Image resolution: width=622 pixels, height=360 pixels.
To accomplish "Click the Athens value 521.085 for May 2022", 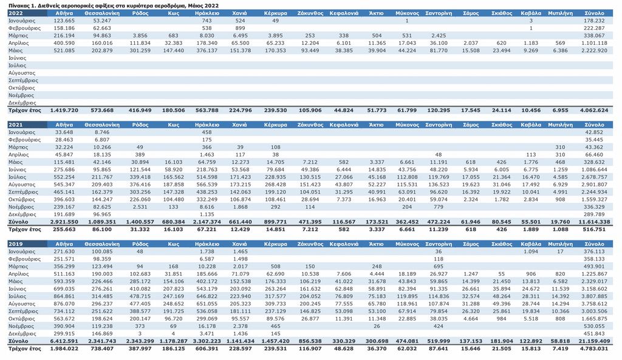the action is tap(64, 50).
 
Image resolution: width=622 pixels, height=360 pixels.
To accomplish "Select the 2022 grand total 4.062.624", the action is tap(594, 110).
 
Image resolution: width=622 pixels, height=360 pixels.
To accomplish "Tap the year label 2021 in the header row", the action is tap(15, 124).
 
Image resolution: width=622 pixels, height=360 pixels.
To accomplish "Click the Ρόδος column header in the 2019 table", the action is tap(140, 244).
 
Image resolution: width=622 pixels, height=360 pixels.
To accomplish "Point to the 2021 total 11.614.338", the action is tap(594, 222).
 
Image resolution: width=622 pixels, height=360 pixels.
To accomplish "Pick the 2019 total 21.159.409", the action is tap(594, 341).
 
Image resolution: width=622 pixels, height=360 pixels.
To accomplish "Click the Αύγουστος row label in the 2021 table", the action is tap(22, 185).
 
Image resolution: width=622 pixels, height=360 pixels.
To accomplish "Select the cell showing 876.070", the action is tap(64, 304).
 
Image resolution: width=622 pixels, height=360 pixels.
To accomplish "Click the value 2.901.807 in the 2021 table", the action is tap(594, 185).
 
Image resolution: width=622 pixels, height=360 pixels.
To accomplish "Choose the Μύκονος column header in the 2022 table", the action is tap(407, 13).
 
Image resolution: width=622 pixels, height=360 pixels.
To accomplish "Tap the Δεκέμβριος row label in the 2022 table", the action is tap(22, 103).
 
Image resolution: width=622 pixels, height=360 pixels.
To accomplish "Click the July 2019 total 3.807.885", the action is tap(594, 296).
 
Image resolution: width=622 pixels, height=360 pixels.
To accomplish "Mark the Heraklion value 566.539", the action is tap(207, 185).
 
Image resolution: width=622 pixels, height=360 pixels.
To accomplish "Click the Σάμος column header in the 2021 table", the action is tap(471, 124).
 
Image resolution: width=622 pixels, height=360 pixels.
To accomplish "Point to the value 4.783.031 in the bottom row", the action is tap(594, 348).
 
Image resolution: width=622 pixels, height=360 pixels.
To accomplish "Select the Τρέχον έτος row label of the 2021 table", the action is tap(24, 229).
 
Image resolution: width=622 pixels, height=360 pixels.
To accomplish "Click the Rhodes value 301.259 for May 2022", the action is tap(140, 50).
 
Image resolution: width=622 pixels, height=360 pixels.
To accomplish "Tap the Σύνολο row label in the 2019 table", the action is tap(18, 341).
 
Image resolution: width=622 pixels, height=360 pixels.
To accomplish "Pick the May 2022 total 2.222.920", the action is tap(594, 50).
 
